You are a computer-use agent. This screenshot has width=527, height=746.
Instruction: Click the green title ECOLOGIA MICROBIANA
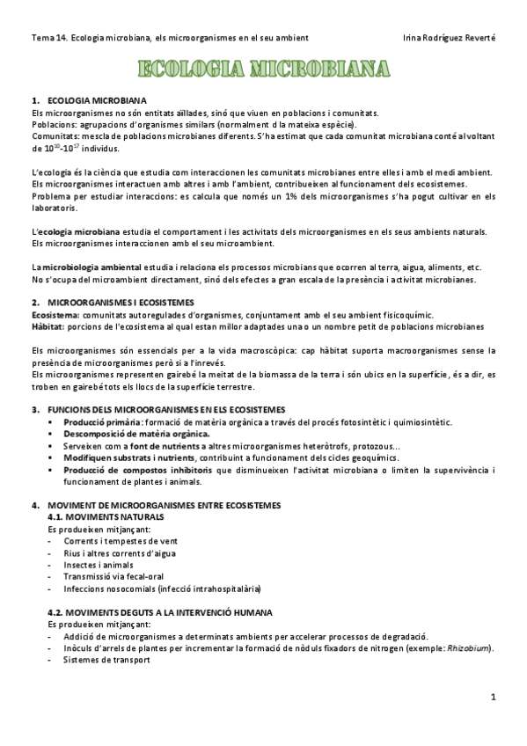pos(263,69)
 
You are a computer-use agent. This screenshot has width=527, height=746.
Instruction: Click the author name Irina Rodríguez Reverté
pos(448,38)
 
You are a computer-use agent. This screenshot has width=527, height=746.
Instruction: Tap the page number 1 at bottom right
pos(494,698)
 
